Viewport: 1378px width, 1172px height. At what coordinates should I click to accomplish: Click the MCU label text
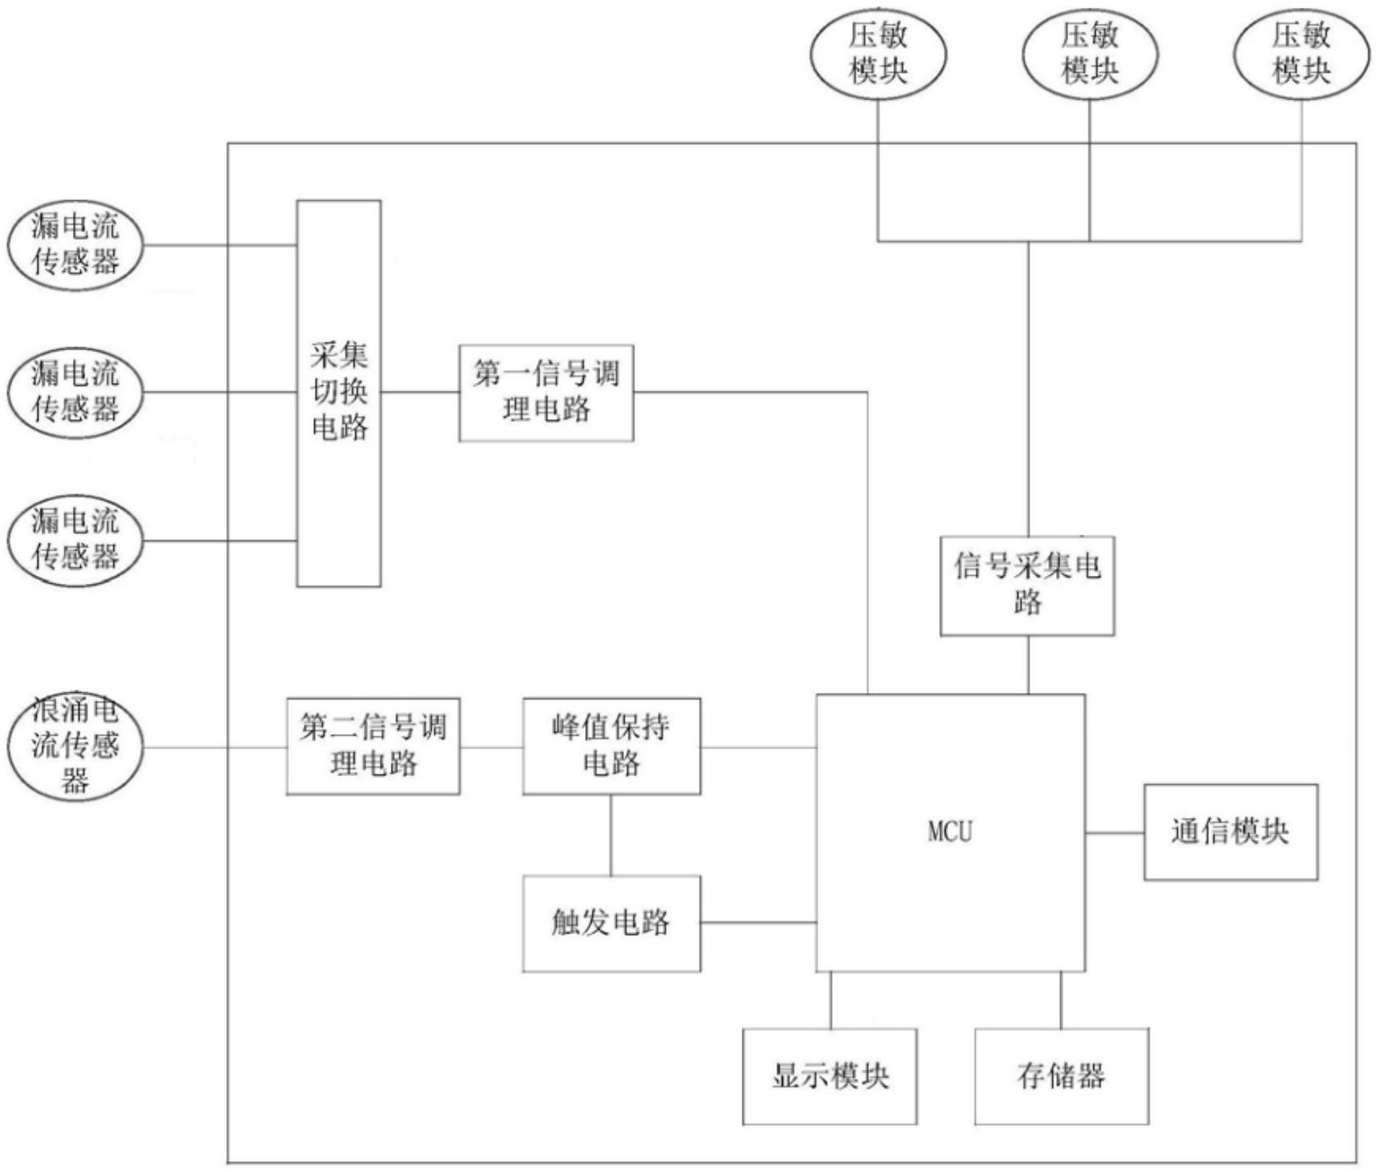click(x=950, y=832)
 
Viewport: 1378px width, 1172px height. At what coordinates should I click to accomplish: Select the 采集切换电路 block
click(x=339, y=393)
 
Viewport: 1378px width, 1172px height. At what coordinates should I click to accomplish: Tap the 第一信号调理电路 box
click(x=546, y=393)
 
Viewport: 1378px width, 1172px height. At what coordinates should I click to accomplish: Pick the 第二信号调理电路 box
click(x=373, y=746)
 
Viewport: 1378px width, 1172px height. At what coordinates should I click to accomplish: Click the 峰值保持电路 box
click(x=611, y=746)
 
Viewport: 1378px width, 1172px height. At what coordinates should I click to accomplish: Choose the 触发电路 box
click(x=611, y=923)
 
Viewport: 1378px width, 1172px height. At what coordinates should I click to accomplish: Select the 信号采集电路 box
click(x=1027, y=585)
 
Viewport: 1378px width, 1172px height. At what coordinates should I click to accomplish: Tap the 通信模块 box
click(x=1231, y=832)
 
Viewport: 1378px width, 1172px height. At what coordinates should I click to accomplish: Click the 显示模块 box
click(x=830, y=1077)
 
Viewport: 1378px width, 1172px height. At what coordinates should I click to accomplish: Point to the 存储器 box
click(x=1061, y=1077)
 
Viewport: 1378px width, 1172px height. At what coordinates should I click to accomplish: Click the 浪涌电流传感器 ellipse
click(x=75, y=746)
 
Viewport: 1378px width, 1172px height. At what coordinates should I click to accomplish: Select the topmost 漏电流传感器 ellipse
click(x=75, y=245)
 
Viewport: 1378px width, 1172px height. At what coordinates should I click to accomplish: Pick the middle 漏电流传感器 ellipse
click(x=75, y=392)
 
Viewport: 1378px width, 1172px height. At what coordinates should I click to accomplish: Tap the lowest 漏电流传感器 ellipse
click(x=75, y=540)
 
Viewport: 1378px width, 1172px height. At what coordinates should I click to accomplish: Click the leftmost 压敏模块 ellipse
click(x=877, y=54)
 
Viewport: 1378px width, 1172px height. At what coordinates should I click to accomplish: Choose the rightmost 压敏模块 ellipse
click(x=1301, y=54)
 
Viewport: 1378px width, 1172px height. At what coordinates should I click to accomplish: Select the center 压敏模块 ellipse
click(x=1090, y=54)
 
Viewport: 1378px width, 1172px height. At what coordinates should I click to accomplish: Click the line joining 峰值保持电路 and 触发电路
click(x=611, y=835)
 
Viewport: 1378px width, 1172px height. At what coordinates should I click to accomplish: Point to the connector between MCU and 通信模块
click(x=1114, y=833)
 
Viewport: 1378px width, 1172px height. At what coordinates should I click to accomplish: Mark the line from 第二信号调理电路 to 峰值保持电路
click(x=491, y=747)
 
